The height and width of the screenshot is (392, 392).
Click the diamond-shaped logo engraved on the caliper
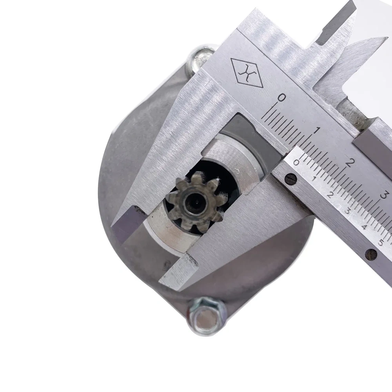247,73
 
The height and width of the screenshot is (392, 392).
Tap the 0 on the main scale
282,98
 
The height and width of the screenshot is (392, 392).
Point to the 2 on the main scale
350,163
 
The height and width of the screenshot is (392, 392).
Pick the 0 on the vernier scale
297,163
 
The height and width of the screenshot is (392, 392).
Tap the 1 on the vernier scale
314,179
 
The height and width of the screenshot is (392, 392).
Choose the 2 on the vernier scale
330,195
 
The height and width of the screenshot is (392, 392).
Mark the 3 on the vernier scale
347,212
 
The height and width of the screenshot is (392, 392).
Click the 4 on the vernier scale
364,227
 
